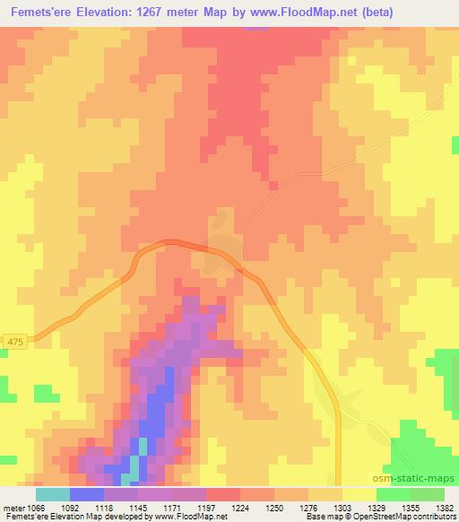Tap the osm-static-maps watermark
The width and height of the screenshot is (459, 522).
[415, 480]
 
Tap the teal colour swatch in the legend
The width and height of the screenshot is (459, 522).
[53, 494]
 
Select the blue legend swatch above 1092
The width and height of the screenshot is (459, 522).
[87, 494]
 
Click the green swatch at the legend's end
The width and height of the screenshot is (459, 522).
[428, 494]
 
